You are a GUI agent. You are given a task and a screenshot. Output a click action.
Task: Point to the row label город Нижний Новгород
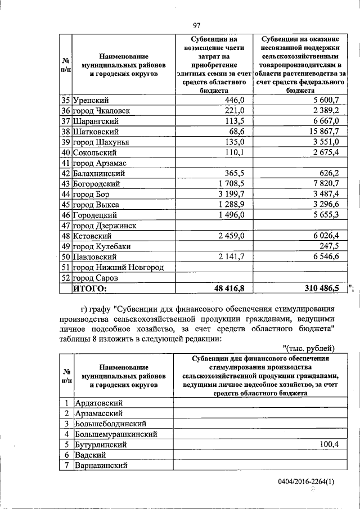click(x=118, y=267)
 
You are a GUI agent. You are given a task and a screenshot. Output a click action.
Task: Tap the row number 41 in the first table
click(x=66, y=163)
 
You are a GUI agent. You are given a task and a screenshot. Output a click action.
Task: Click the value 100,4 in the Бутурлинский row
click(x=328, y=444)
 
